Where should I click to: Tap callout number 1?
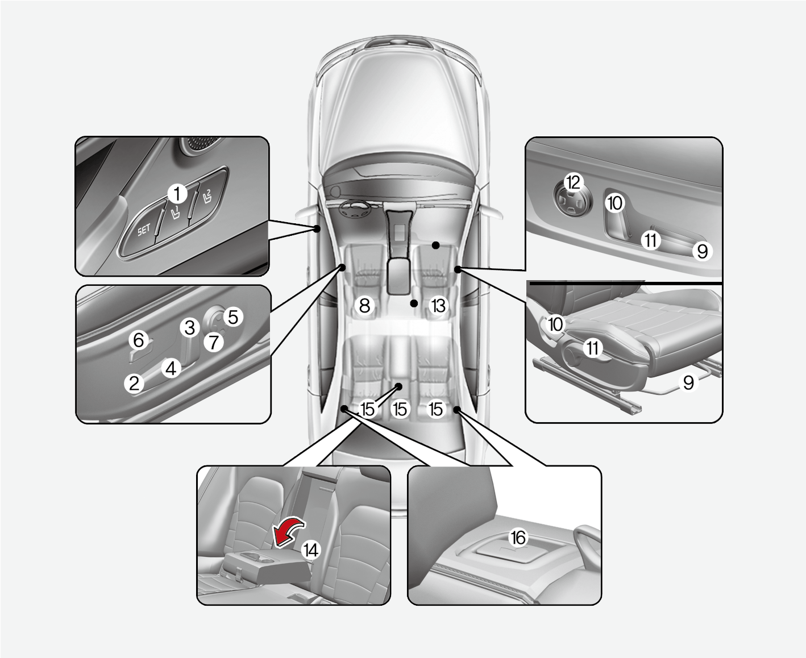(177, 194)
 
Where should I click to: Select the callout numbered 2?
(134, 383)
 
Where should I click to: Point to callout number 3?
(190, 327)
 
